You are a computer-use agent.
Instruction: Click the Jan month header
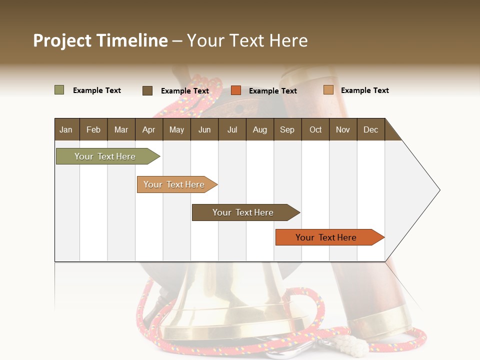(66, 129)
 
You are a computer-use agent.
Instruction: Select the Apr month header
(148, 129)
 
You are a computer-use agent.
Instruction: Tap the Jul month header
(232, 129)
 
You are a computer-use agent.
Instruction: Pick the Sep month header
(287, 129)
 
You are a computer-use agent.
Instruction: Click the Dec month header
(370, 129)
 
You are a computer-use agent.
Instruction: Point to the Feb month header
(93, 129)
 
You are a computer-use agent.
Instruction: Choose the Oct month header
(315, 129)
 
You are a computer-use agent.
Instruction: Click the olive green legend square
(59, 90)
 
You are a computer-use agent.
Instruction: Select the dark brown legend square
(147, 90)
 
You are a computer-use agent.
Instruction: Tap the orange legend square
(236, 90)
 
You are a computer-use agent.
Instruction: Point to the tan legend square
(328, 90)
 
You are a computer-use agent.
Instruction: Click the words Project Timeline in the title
(100, 40)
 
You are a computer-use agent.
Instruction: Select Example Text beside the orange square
(272, 91)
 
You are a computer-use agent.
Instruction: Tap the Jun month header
(204, 129)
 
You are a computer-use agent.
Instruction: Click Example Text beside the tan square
(364, 90)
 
